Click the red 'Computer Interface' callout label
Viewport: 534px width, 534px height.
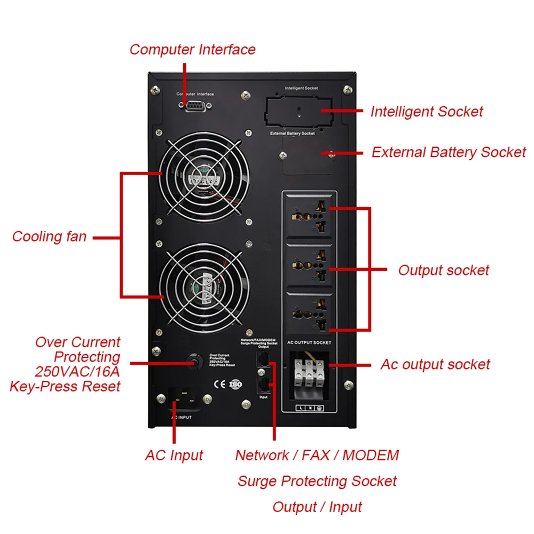[x=192, y=50]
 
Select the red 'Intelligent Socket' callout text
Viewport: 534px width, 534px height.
[x=426, y=112]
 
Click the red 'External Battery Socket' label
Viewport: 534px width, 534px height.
[x=449, y=152]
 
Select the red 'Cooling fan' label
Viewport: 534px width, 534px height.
[x=49, y=237]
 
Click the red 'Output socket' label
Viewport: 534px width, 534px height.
[x=443, y=270]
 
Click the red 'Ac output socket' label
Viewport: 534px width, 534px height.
[x=435, y=365]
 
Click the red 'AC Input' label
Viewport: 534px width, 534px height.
[x=174, y=456]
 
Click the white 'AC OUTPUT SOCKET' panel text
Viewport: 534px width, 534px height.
[x=309, y=342]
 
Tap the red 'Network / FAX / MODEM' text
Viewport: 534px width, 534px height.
[x=317, y=456]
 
